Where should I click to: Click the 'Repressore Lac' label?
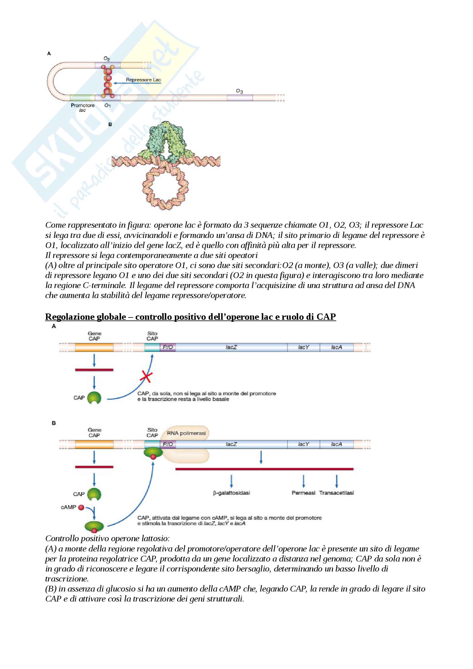[x=143, y=80]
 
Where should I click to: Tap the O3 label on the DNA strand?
[x=239, y=91]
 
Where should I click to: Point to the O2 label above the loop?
[x=107, y=59]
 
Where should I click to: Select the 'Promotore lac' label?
[x=82, y=107]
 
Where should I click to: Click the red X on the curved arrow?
[x=146, y=376]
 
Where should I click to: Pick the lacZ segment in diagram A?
[x=231, y=347]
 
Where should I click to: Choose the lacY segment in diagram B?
[x=303, y=444]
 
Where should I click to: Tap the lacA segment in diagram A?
[x=336, y=347]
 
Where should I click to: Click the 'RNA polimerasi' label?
[x=186, y=433]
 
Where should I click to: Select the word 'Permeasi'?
[x=303, y=493]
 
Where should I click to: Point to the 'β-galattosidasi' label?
[x=231, y=493]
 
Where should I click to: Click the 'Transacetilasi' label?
[x=336, y=493]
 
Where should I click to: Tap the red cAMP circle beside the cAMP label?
[x=81, y=507]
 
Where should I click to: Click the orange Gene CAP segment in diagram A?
[x=94, y=347]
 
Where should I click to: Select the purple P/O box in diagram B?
[x=168, y=444]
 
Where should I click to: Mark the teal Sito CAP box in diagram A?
[x=152, y=347]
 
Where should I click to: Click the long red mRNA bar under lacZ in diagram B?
[x=264, y=469]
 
